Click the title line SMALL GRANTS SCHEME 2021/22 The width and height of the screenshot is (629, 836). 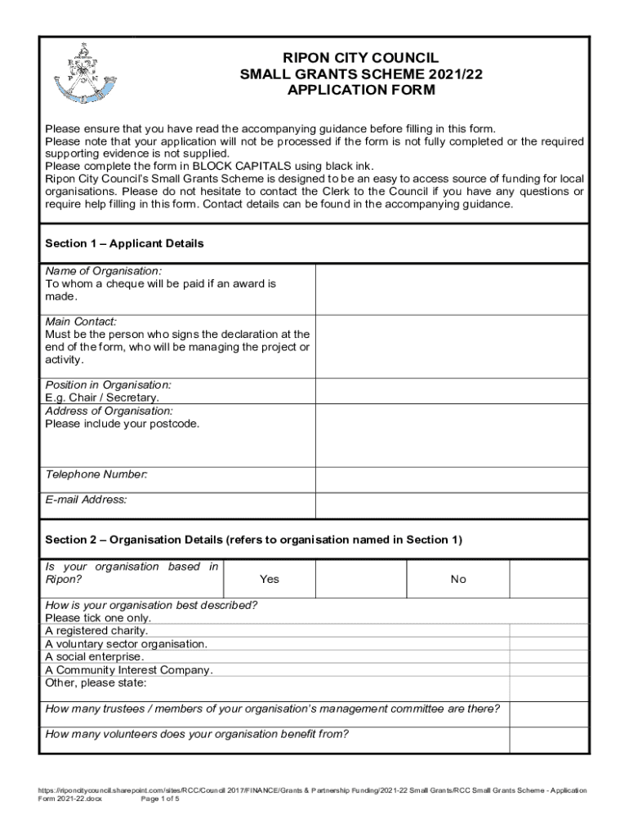[x=361, y=74]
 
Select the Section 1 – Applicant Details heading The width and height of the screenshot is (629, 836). [x=124, y=243]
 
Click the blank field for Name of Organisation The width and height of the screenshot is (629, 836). [x=452, y=289]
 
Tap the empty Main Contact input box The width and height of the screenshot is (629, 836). [x=452, y=346]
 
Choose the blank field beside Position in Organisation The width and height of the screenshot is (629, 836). [x=452, y=391]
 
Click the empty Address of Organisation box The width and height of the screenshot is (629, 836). [x=452, y=435]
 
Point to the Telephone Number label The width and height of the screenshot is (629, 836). [x=96, y=474]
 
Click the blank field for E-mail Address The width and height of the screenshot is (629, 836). [x=452, y=505]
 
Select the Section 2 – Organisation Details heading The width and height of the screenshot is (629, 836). [x=253, y=540]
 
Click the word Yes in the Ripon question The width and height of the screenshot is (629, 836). [x=269, y=579]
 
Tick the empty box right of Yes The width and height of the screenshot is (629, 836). [x=360, y=579]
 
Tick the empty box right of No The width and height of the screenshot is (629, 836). [x=548, y=579]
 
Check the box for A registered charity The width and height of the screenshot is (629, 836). [x=548, y=630]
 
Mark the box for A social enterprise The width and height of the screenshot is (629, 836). [x=548, y=656]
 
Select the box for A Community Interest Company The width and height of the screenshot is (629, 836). [x=548, y=669]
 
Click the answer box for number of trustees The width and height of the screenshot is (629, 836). [x=548, y=714]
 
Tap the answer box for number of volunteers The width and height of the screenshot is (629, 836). [x=548, y=740]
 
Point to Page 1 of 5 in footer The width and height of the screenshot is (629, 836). [x=160, y=798]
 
